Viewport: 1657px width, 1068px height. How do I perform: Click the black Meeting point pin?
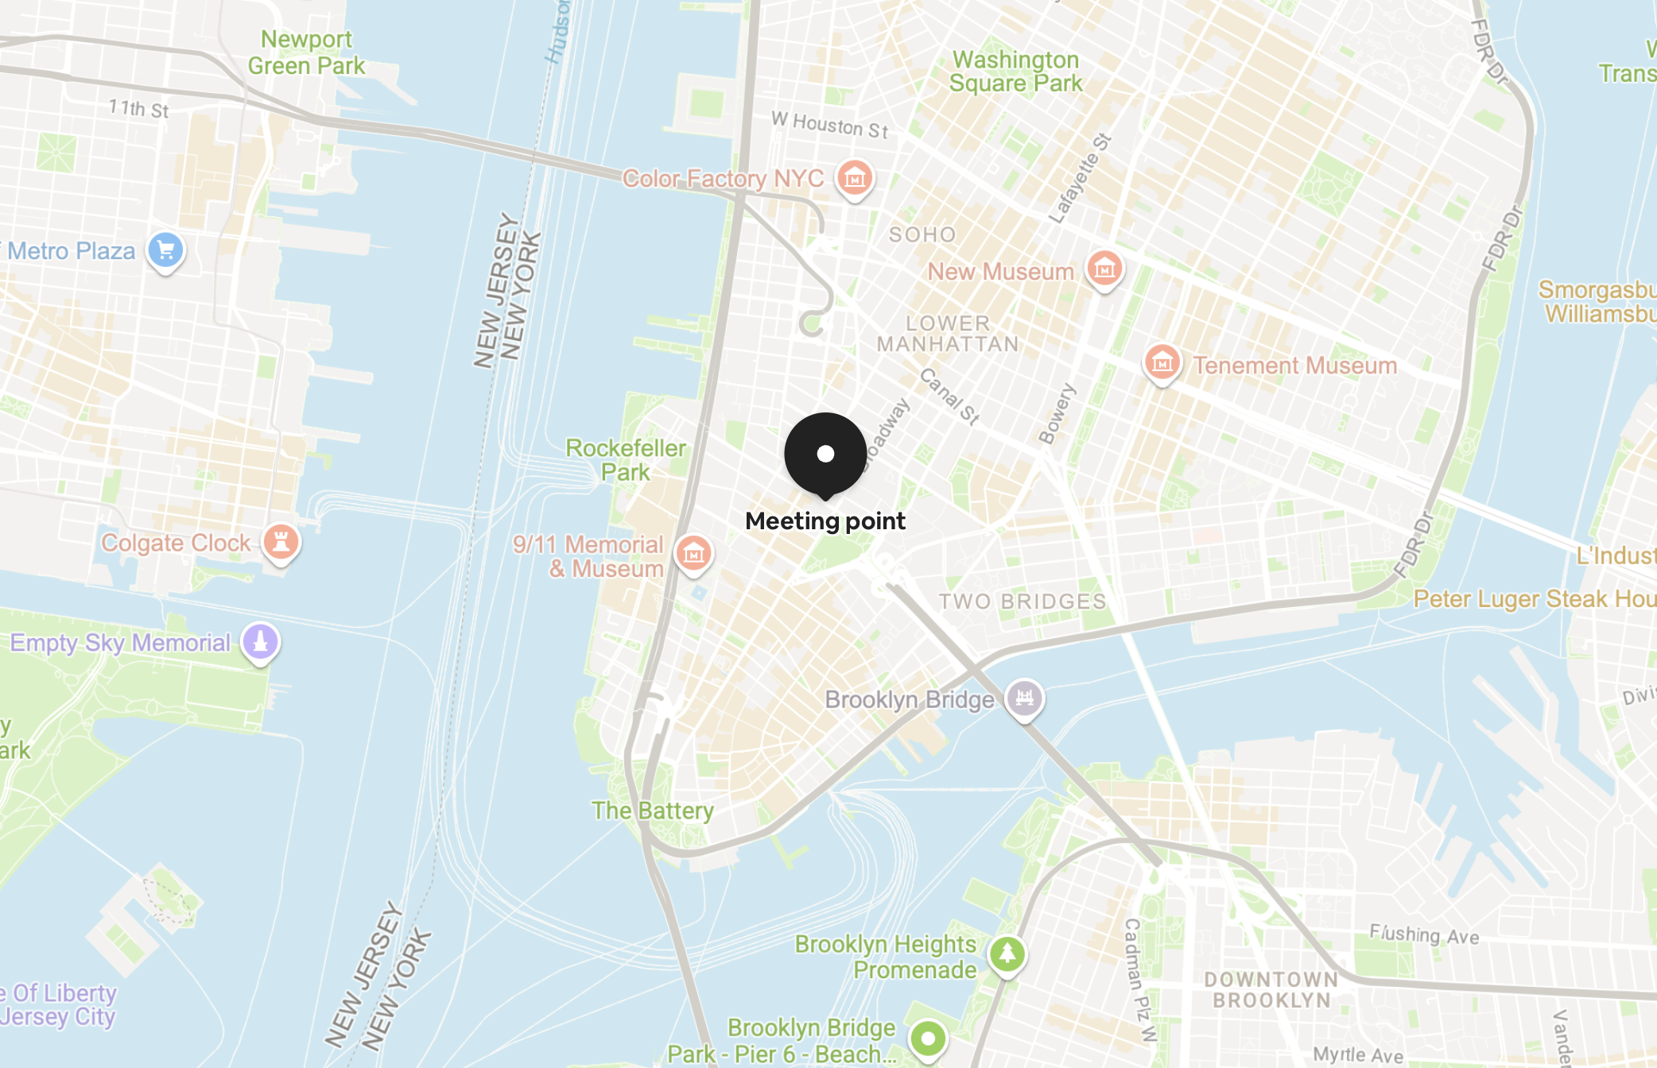click(825, 454)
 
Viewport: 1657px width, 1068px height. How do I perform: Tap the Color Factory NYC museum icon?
click(855, 178)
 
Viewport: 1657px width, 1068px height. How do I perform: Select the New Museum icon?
click(1104, 269)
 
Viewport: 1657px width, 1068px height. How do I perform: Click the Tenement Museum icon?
click(1162, 363)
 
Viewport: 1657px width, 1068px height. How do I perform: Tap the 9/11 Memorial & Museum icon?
click(693, 553)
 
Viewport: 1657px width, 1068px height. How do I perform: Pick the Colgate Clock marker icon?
click(281, 543)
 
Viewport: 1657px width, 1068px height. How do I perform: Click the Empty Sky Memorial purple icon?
click(260, 641)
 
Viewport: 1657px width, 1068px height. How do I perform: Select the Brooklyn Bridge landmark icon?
click(1024, 698)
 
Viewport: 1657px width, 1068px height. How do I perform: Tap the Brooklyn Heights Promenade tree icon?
click(1007, 954)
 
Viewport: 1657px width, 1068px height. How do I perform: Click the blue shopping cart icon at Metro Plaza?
click(165, 251)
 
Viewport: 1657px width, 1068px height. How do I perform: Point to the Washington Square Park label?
click(1015, 72)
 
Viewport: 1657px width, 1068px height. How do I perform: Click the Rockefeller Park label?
click(626, 460)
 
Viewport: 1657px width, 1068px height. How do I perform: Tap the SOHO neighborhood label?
click(922, 234)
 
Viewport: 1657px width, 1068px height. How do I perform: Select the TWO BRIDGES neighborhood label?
click(1023, 602)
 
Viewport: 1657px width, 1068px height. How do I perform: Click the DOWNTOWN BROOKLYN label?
click(1271, 990)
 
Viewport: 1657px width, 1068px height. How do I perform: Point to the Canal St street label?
click(949, 397)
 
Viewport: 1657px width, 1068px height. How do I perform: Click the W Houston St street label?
click(829, 125)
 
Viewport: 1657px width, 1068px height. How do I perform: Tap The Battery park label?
click(652, 811)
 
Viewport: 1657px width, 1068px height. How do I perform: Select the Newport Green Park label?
click(307, 52)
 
